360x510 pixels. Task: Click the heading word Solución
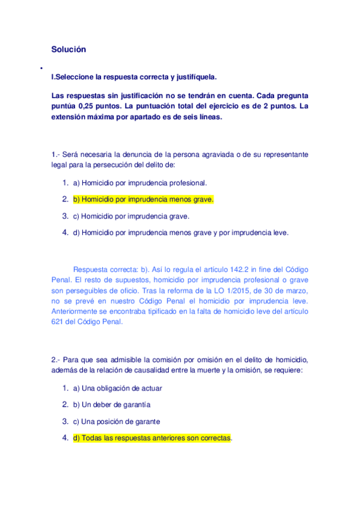click(69, 50)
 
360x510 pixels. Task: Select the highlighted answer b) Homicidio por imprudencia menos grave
click(143, 199)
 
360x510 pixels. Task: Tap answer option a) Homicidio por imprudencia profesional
click(139, 183)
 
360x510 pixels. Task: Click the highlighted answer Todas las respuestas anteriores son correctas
click(151, 438)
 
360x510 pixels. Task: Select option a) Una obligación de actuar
click(117, 388)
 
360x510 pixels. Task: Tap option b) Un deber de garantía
click(111, 405)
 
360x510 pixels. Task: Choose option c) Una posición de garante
click(116, 422)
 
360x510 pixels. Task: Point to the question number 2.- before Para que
click(56, 360)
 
